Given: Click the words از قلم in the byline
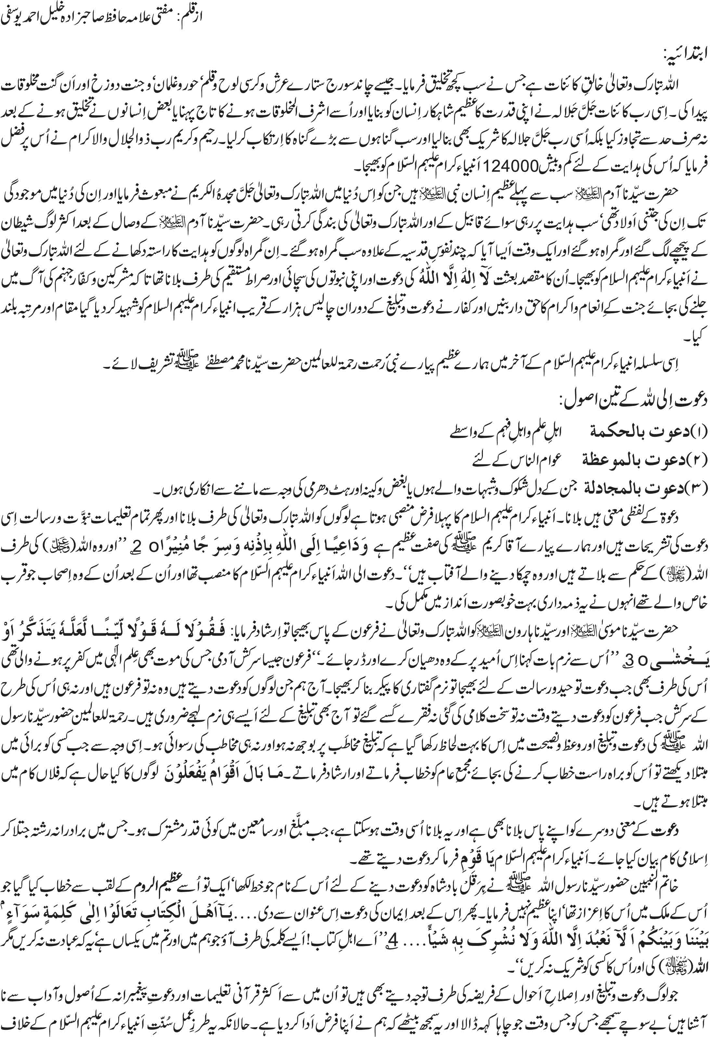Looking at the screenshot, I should (189, 17).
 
